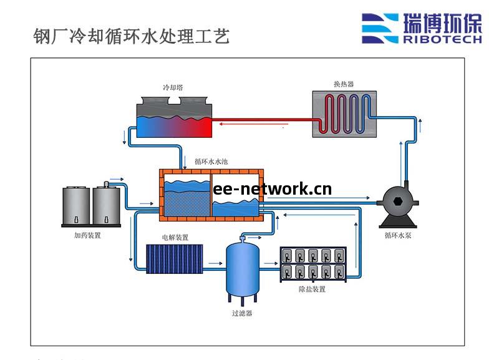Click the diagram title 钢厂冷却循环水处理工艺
click(131, 36)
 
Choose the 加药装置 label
click(87, 236)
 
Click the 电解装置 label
click(175, 238)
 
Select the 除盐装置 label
click(312, 289)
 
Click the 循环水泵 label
click(397, 236)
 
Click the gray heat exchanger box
click(344, 114)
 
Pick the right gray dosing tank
click(107, 208)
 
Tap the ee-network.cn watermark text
click(272, 189)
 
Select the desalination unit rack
click(312, 263)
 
